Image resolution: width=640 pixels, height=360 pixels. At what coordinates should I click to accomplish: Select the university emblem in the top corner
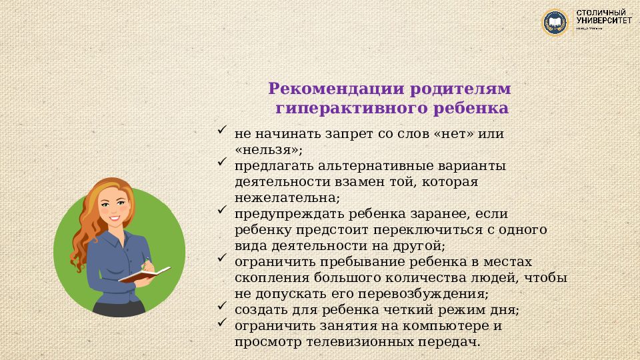pyautogui.click(x=555, y=22)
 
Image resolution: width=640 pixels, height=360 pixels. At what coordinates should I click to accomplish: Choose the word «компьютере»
pyautogui.click(x=434, y=326)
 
